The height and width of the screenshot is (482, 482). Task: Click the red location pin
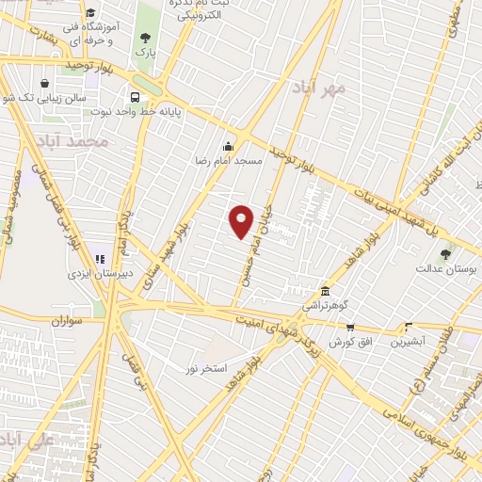point(242,221)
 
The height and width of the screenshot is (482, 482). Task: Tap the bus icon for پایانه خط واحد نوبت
point(137,97)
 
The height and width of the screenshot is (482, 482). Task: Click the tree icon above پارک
point(144,39)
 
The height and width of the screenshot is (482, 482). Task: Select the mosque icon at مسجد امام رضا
point(227,146)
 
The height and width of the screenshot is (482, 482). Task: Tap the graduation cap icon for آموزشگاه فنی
point(89,13)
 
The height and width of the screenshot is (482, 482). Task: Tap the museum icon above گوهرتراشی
point(325,290)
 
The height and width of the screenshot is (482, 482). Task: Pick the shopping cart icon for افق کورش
point(350,327)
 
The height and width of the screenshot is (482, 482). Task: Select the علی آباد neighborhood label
point(33,441)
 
